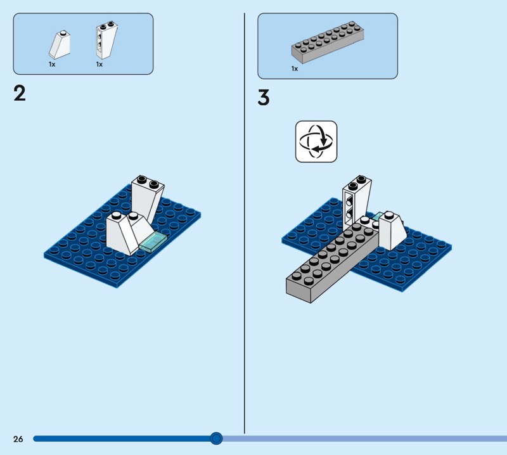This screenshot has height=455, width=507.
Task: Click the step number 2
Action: [20, 93]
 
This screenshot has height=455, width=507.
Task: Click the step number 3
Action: [264, 98]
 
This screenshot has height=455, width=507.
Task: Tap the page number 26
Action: [18, 439]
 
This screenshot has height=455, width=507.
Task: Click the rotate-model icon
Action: [316, 141]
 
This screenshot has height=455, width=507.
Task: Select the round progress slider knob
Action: [216, 439]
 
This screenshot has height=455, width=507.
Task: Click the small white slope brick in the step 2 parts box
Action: [60, 44]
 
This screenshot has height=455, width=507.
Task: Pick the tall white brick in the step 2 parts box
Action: [106, 40]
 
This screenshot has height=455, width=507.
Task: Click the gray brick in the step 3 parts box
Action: [328, 42]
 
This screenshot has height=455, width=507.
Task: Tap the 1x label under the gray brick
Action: [295, 68]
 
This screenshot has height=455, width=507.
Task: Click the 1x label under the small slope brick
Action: [52, 65]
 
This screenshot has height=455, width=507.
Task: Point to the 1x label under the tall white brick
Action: [99, 65]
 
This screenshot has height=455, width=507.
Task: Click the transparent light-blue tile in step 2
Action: [153, 242]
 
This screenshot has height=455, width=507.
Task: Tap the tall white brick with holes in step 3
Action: [356, 200]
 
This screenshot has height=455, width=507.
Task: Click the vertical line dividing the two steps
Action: [245, 223]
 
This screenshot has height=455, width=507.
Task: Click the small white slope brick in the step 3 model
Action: [392, 231]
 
